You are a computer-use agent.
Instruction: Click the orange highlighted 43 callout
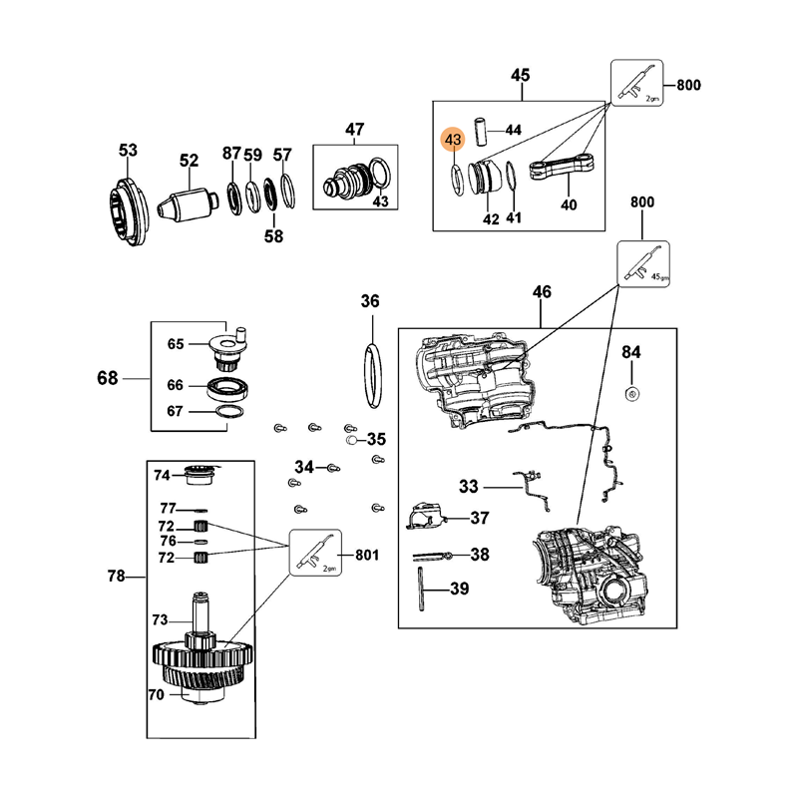tap(453, 139)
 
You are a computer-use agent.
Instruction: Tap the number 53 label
tap(129, 151)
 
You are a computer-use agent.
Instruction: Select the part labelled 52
tap(187, 205)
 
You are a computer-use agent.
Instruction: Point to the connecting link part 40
tap(562, 167)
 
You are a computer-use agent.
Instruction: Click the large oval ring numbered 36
tap(372, 376)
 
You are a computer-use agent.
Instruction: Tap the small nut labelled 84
tap(631, 393)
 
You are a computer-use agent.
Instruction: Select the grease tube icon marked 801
tap(315, 553)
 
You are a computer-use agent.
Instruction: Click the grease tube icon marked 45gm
tap(643, 264)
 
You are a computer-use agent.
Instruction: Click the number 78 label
tap(116, 577)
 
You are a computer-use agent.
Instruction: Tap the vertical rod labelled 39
tap(421, 589)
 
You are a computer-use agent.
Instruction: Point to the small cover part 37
tap(426, 515)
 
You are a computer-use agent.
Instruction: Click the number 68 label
tap(108, 378)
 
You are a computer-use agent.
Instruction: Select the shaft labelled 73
tap(200, 618)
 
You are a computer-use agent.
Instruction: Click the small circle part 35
tap(351, 440)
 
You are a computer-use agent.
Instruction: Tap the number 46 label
tap(542, 292)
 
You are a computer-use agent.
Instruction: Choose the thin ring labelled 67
tap(230, 412)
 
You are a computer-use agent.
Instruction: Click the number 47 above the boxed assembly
tap(355, 130)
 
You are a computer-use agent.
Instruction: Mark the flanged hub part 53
tap(129, 212)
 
